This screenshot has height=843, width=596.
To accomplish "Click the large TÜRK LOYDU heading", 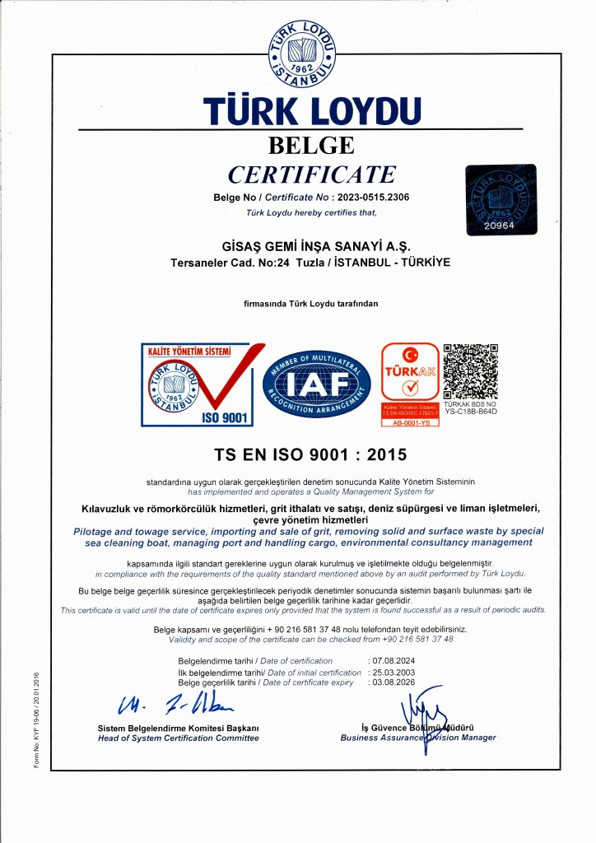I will pos(312,111).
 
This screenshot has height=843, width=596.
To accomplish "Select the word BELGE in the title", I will pos(312,146).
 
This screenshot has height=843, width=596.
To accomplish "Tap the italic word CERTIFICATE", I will pos(312,175).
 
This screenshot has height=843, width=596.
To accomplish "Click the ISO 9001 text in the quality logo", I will pos(224,417).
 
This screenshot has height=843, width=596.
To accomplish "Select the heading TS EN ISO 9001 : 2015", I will pos(312,454).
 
